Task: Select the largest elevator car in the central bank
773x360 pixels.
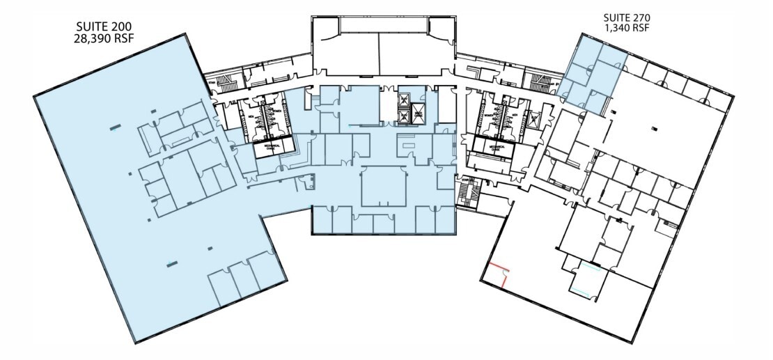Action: [x=418, y=114]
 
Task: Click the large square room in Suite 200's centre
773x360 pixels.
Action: [x=384, y=185]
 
